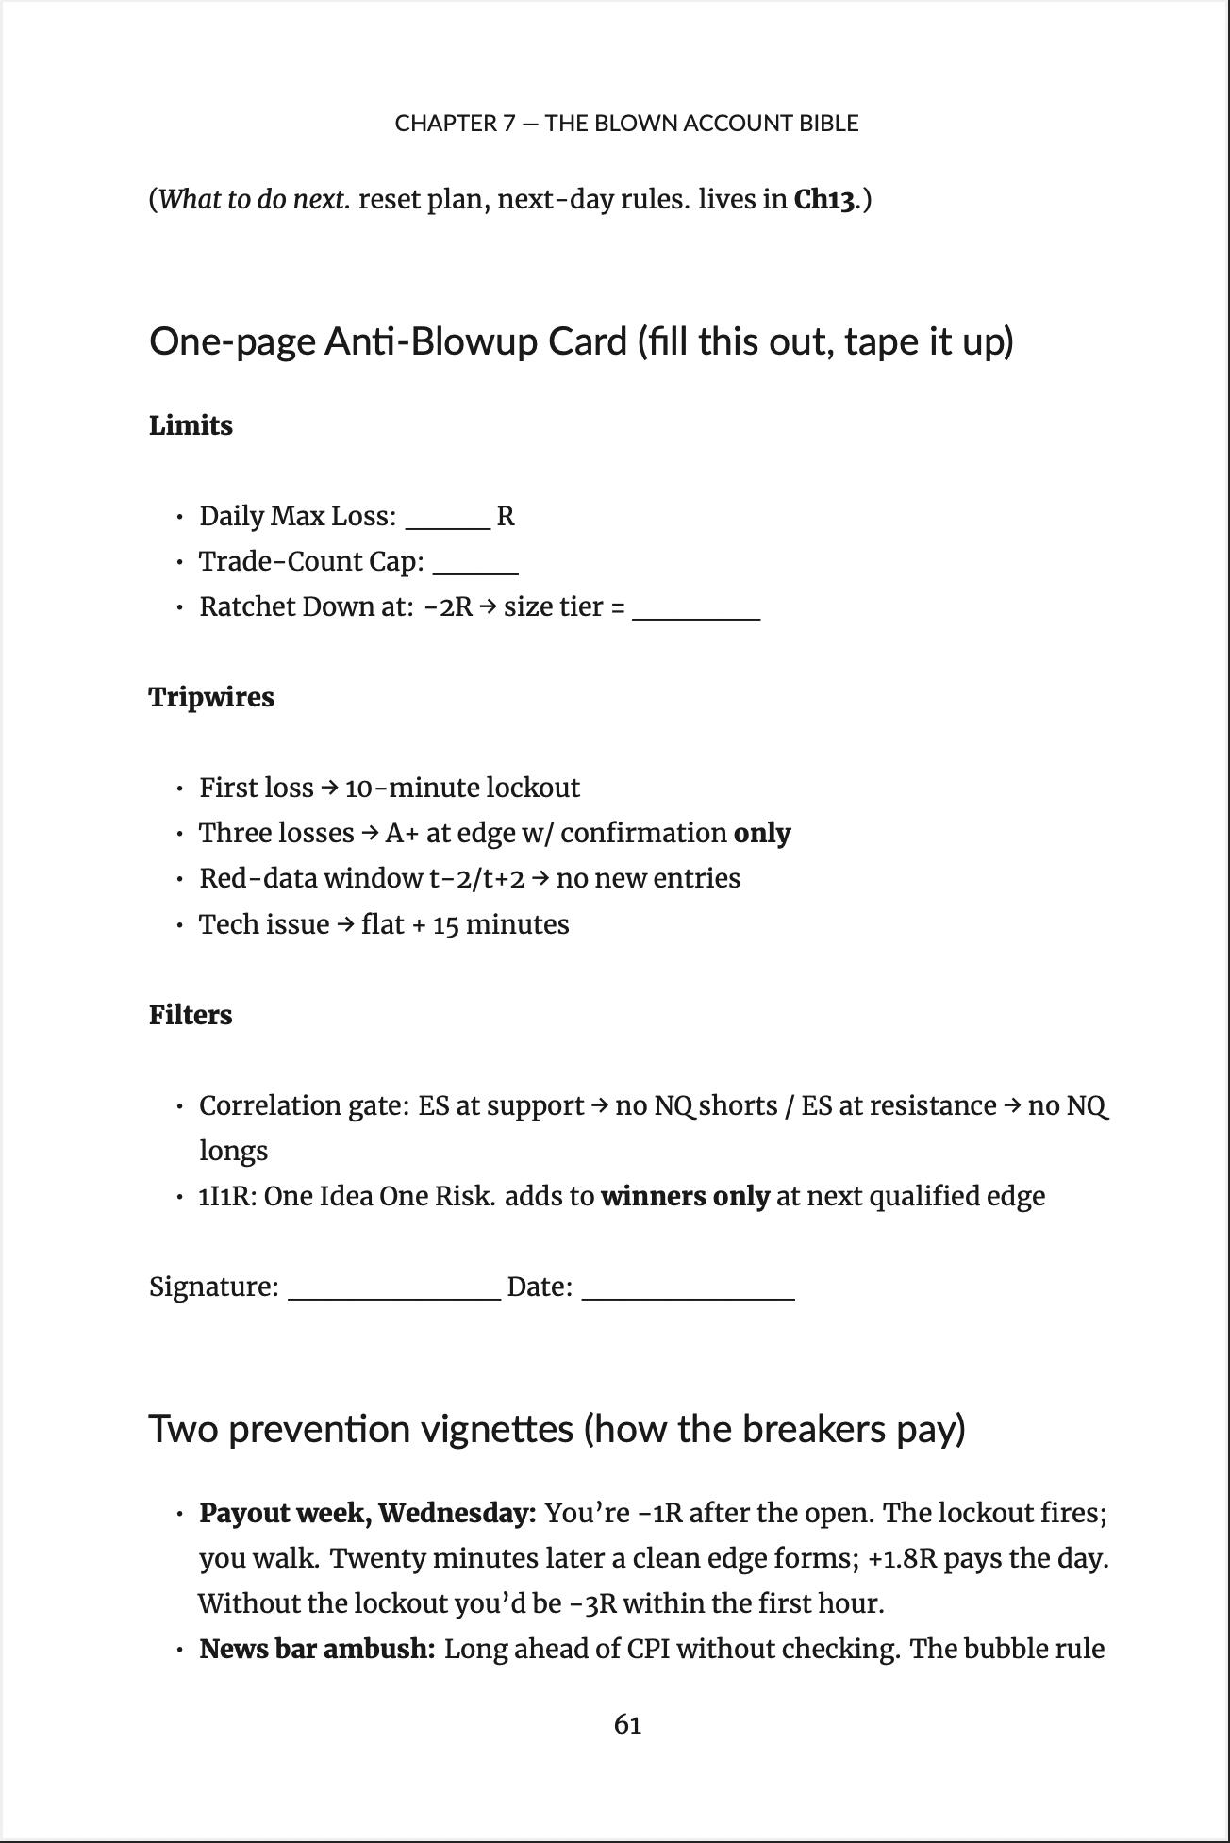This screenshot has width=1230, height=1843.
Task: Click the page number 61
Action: tap(627, 1724)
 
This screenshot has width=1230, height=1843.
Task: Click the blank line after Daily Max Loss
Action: tap(448, 526)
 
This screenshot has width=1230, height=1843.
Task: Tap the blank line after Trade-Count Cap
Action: tap(475, 572)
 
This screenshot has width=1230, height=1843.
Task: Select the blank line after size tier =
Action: tap(696, 617)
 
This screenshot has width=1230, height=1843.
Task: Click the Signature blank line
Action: tap(393, 1297)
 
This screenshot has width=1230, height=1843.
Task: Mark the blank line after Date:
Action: tap(689, 1297)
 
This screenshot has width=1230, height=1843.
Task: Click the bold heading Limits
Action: tap(191, 425)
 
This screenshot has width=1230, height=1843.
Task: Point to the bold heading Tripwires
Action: tap(211, 697)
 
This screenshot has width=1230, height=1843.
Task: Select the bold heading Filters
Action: tap(191, 1015)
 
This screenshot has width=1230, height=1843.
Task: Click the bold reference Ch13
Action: tap(824, 200)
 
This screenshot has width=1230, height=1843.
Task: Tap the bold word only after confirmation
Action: tap(762, 833)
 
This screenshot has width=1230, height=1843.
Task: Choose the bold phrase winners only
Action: tap(685, 1196)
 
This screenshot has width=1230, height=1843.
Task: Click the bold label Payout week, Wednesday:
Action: tap(367, 1513)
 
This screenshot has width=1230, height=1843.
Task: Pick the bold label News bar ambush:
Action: tap(317, 1649)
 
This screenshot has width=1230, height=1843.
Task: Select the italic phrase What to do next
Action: tap(255, 200)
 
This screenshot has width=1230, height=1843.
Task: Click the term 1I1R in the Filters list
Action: tap(226, 1196)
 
